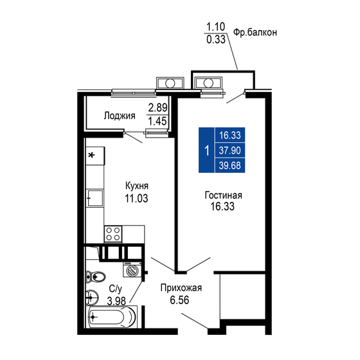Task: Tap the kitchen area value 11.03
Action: click(137, 199)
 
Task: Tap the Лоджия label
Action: click(120, 116)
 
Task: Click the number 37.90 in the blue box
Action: click(230, 151)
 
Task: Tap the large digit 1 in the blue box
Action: click(206, 151)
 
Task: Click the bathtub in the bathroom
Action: click(112, 317)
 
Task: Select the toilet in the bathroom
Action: click(96, 278)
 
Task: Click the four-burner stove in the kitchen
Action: click(113, 235)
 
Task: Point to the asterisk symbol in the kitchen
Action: click(92, 155)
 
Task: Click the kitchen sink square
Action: click(94, 197)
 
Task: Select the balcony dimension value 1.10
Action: click(215, 27)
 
